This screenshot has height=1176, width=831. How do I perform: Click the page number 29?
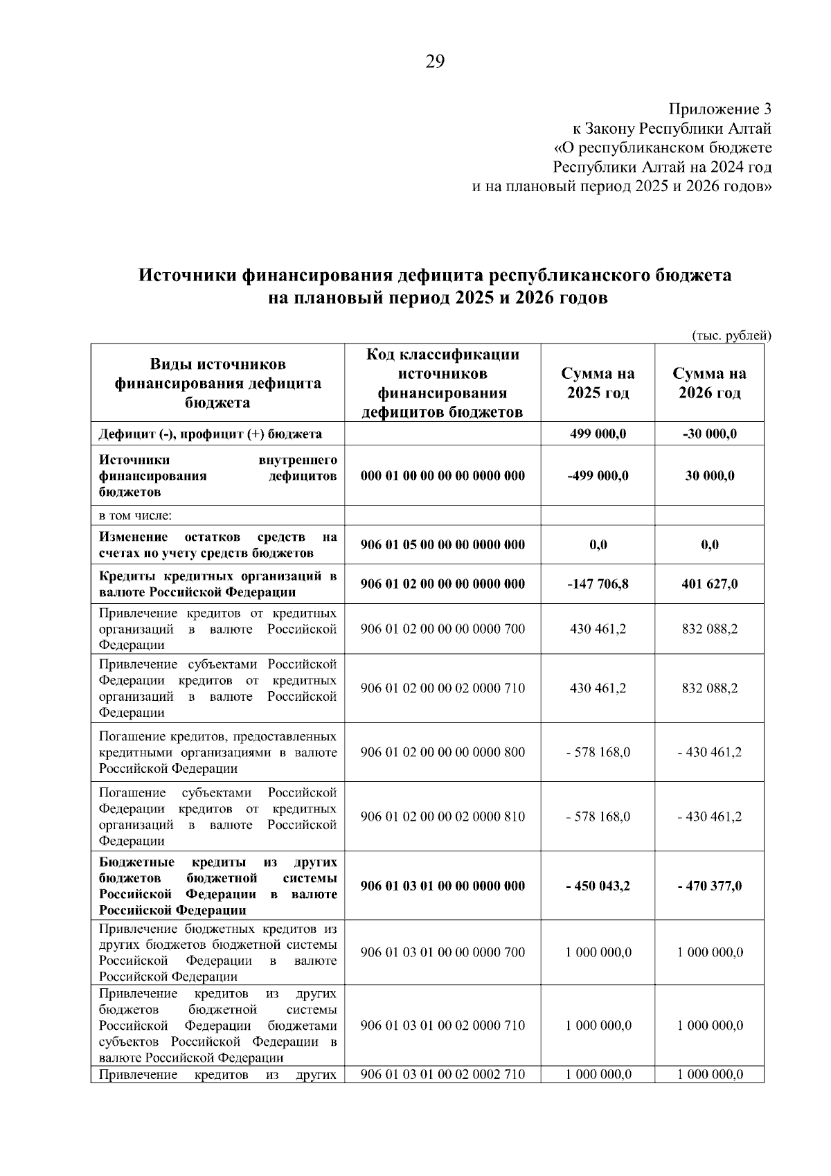[x=434, y=62]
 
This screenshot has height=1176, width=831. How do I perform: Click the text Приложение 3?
[x=719, y=109]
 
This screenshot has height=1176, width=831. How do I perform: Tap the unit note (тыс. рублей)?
[x=731, y=335]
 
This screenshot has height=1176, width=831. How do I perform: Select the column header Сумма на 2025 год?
[x=598, y=383]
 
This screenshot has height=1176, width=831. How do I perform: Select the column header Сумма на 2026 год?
[x=709, y=383]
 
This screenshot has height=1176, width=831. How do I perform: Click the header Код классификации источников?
[x=443, y=364]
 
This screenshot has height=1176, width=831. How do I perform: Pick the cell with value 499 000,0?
[x=598, y=434]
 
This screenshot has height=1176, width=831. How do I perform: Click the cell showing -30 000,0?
[x=709, y=434]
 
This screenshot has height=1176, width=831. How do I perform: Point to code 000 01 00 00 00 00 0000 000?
[x=443, y=476]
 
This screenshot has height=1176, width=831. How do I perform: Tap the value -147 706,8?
[x=598, y=584]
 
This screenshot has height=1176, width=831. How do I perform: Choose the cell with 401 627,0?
[x=709, y=584]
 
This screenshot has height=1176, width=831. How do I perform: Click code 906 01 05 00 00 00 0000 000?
[x=443, y=544]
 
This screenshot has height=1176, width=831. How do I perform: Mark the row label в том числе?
[x=135, y=515]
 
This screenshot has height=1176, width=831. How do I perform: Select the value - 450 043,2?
[x=598, y=886]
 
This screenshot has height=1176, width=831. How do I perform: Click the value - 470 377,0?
[x=709, y=886]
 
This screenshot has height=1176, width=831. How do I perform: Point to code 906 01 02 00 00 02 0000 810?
[x=443, y=817]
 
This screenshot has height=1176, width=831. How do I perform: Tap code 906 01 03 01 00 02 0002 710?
[x=443, y=1074]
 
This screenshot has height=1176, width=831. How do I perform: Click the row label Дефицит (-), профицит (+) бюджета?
[x=210, y=434]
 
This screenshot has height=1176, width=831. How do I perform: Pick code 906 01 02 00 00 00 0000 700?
[x=443, y=629]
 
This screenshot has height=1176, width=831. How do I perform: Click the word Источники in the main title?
[x=188, y=276]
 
